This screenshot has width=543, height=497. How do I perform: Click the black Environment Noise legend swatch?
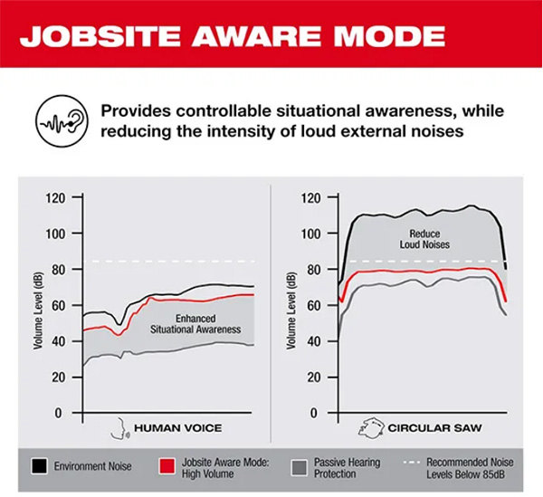coord(38,468)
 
